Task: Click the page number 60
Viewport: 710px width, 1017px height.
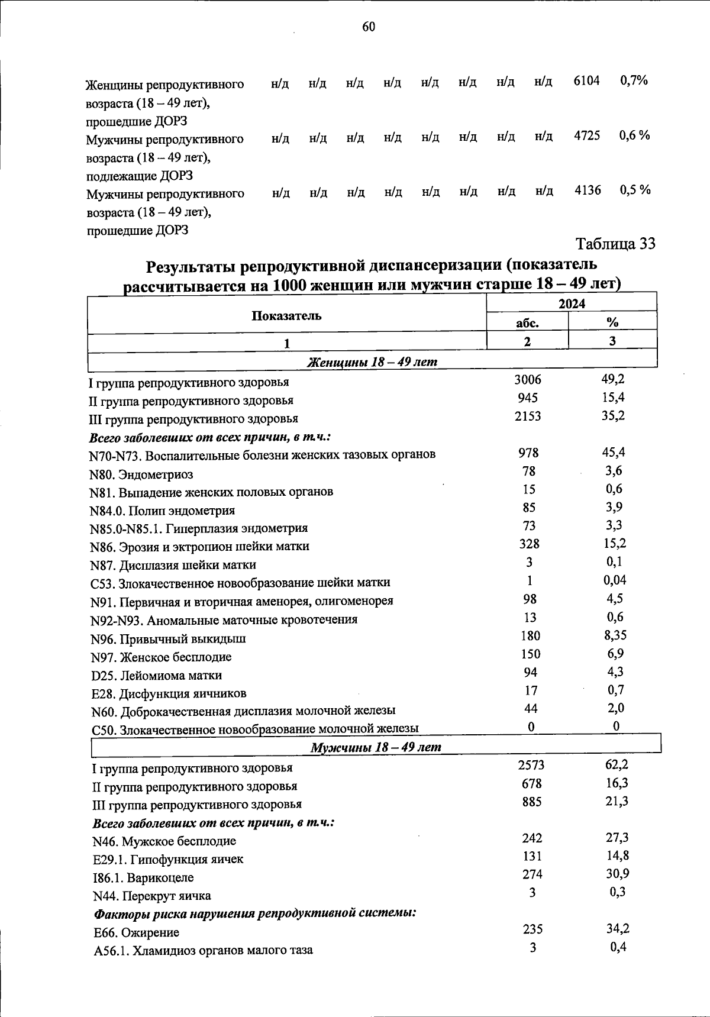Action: (368, 27)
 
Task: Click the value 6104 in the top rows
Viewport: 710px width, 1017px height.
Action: (586, 80)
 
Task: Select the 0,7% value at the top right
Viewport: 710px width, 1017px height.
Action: (634, 80)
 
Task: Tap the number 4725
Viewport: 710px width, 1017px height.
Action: (587, 135)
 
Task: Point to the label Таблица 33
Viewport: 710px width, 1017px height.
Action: (615, 243)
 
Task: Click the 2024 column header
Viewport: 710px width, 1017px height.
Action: (572, 304)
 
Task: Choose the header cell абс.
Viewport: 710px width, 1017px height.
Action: (527, 322)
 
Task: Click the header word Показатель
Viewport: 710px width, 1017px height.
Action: (286, 315)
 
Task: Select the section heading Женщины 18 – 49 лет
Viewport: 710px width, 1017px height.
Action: (372, 361)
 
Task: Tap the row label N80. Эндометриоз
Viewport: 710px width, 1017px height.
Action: (141, 474)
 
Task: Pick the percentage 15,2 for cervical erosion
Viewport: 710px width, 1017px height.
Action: (615, 543)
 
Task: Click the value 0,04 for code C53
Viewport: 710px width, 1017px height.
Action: (615, 580)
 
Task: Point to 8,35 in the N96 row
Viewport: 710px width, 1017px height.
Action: (615, 635)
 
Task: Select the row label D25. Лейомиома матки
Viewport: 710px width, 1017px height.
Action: (157, 675)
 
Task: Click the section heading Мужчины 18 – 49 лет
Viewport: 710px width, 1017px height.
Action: (376, 747)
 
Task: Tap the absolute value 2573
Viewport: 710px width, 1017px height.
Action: (531, 765)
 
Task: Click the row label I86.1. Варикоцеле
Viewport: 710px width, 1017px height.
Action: (143, 877)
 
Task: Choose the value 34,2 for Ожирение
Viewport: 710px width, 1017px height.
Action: (618, 928)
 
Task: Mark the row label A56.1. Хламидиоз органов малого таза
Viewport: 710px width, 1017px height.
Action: (203, 950)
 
